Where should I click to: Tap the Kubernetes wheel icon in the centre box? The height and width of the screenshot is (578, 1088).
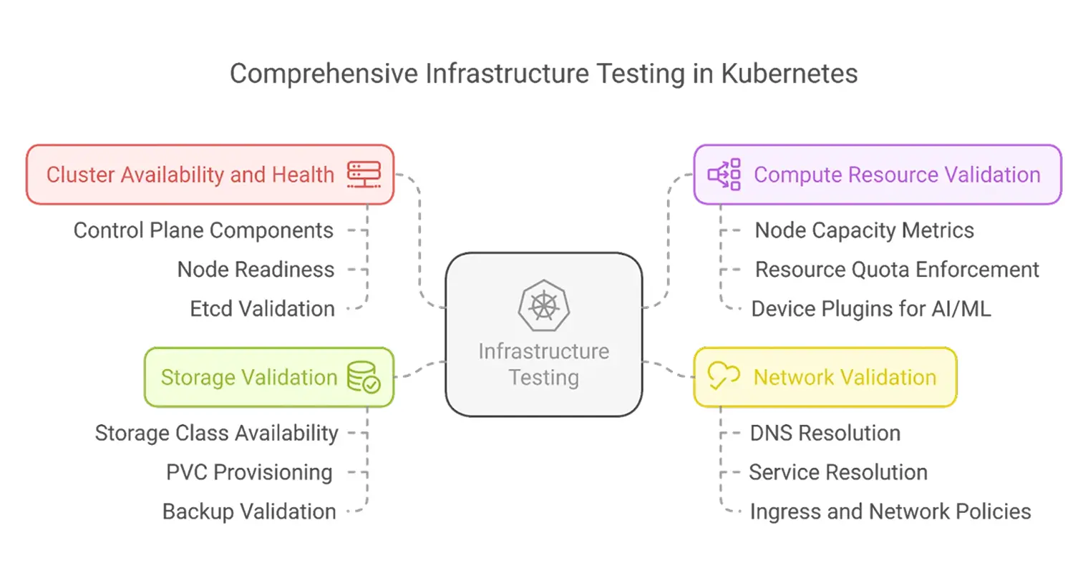point(544,305)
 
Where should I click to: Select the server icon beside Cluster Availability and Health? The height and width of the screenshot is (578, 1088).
point(364,175)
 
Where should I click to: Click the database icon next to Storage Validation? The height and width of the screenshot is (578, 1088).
point(364,377)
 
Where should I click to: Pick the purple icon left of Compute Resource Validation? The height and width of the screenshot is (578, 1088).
point(724,175)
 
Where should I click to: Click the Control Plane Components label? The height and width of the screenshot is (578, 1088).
point(203,230)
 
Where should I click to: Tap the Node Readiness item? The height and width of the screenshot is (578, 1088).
point(256,270)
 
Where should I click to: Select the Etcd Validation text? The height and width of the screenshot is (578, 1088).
point(262,309)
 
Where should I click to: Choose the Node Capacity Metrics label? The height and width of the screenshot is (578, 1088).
point(864,230)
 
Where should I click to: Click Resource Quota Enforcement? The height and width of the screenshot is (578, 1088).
point(897,270)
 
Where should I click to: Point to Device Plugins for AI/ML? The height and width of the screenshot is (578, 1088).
point(870,309)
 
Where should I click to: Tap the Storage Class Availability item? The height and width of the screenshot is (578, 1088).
point(216,433)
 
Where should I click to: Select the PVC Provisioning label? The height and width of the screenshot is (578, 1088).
point(249,472)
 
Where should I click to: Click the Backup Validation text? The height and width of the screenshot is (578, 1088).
point(249,511)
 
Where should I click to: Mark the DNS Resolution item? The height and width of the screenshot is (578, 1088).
point(825,433)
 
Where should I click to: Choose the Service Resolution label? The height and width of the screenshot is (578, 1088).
point(837,472)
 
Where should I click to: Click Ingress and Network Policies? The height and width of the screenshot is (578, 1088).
point(890,511)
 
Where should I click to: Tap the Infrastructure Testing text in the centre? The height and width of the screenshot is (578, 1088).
point(544,364)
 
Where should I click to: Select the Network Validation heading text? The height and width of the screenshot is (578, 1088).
point(845,377)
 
